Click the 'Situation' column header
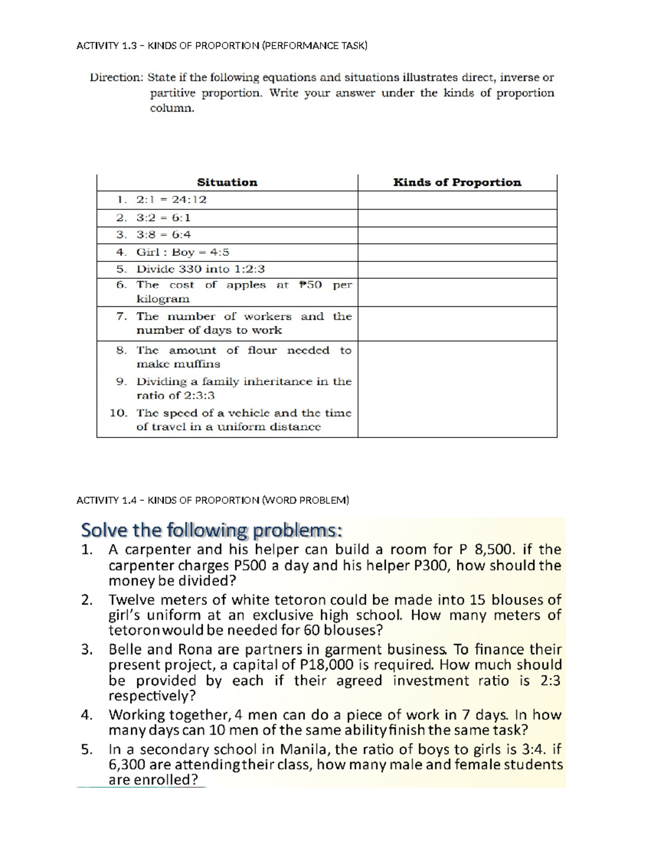pyautogui.click(x=227, y=183)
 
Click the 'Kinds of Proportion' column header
pyautogui.click(x=457, y=183)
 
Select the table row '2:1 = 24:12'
pyautogui.click(x=171, y=200)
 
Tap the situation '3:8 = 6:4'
pyautogui.click(x=163, y=235)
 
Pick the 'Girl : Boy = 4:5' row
pyautogui.click(x=183, y=252)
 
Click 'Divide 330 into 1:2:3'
pyautogui.click(x=200, y=269)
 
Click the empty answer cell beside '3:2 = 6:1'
pyautogui.click(x=457, y=218)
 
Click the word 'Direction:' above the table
pyautogui.click(x=116, y=78)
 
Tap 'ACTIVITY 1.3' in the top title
pyautogui.click(x=106, y=46)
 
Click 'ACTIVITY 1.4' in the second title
pyautogui.click(x=106, y=500)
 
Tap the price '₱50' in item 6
pyautogui.click(x=310, y=285)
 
